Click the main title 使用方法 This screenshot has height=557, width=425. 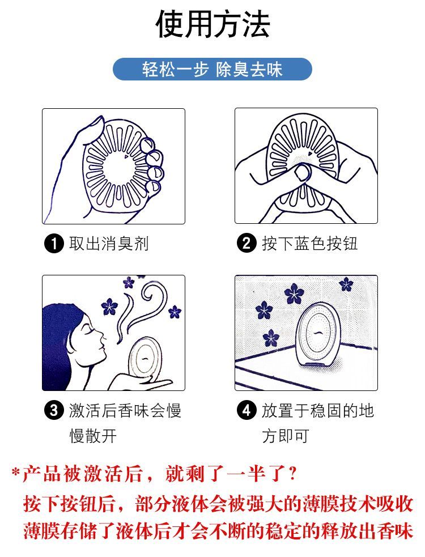pyautogui.click(x=212, y=24)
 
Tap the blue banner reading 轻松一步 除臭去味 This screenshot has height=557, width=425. pyautogui.click(x=212, y=69)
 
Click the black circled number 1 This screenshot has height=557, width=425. pyautogui.click(x=54, y=244)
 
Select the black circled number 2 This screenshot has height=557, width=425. pyautogui.click(x=246, y=244)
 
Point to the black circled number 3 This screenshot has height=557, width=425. pyautogui.click(x=54, y=410)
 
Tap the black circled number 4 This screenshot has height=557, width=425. pyautogui.click(x=246, y=410)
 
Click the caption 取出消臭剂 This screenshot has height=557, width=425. pyautogui.click(x=109, y=244)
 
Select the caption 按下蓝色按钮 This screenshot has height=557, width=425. pyautogui.click(x=309, y=244)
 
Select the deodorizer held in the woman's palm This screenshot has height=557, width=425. pyautogui.click(x=144, y=358)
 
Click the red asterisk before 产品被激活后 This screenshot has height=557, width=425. pyautogui.click(x=16, y=473)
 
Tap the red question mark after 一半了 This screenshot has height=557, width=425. pyautogui.click(x=293, y=473)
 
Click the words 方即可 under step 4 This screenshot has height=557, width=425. pyautogui.click(x=286, y=436)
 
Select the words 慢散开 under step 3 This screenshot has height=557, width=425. pyautogui.click(x=93, y=436)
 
